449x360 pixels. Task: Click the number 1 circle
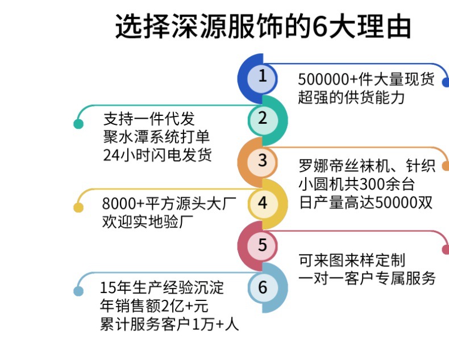click(262, 77)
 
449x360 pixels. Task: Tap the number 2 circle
click(262, 119)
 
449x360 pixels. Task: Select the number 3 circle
click(262, 161)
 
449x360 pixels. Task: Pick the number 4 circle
click(262, 203)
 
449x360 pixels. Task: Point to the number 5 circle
click(262, 245)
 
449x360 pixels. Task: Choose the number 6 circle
click(262, 287)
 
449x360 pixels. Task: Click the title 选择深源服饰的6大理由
click(263, 27)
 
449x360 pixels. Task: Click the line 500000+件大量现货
click(366, 79)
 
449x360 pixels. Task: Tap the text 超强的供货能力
click(351, 97)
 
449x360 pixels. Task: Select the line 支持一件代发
click(149, 119)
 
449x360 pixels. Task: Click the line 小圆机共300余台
click(356, 185)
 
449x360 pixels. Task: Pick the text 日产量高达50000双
click(365, 203)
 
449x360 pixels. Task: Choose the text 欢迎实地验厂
click(146, 221)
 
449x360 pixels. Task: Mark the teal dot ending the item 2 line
click(78, 123)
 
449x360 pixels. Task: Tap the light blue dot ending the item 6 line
click(78, 291)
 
